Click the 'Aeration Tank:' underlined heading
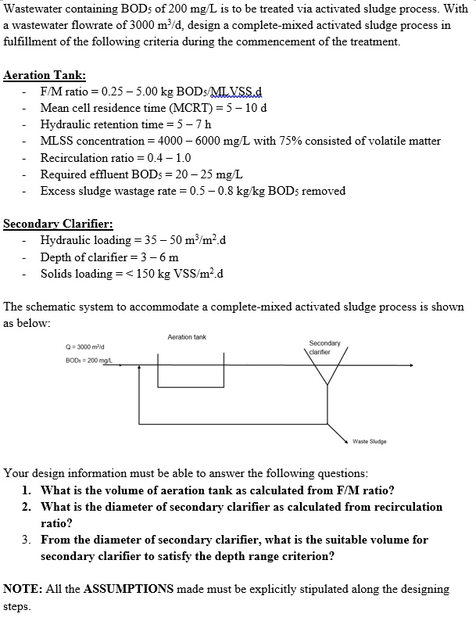(x=45, y=76)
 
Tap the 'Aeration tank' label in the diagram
(x=187, y=337)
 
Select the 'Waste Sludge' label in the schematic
(x=370, y=442)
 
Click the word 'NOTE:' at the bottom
(x=23, y=588)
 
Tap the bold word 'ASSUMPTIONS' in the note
(x=135, y=588)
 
